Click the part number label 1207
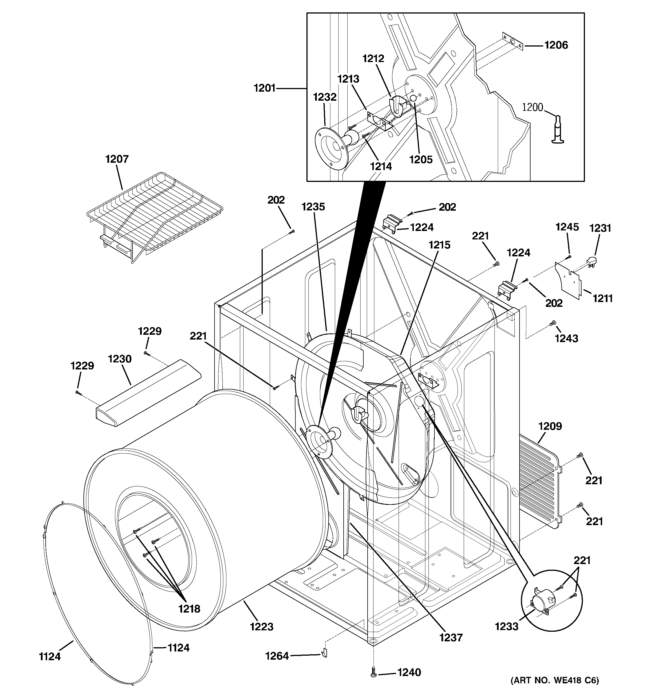117,159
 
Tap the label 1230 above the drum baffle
120,359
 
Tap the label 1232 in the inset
325,97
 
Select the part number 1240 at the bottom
409,672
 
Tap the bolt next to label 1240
374,674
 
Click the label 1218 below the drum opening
189,609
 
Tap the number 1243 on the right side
566,338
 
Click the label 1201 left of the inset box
265,88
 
